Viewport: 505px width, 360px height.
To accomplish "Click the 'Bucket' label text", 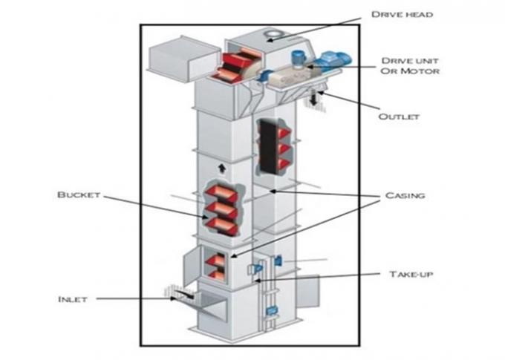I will tap(78, 195).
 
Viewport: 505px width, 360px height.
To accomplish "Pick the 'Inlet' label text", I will tap(73, 299).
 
